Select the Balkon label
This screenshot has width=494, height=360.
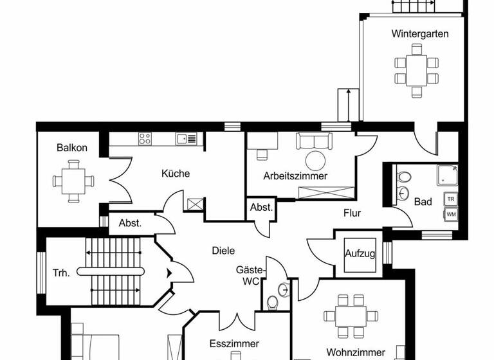click(x=71, y=148)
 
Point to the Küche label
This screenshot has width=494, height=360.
click(x=175, y=174)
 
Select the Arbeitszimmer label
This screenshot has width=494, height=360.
click(x=295, y=175)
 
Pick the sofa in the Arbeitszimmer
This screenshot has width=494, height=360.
click(x=314, y=141)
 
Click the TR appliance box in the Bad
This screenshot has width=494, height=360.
click(x=451, y=199)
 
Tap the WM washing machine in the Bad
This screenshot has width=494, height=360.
click(x=451, y=214)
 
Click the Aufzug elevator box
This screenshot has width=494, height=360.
click(x=360, y=253)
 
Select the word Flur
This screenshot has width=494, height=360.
click(x=352, y=213)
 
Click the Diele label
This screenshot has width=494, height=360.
click(x=223, y=251)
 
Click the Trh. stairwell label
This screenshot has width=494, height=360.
click(x=61, y=273)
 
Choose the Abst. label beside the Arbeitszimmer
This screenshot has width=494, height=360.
click(x=261, y=208)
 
